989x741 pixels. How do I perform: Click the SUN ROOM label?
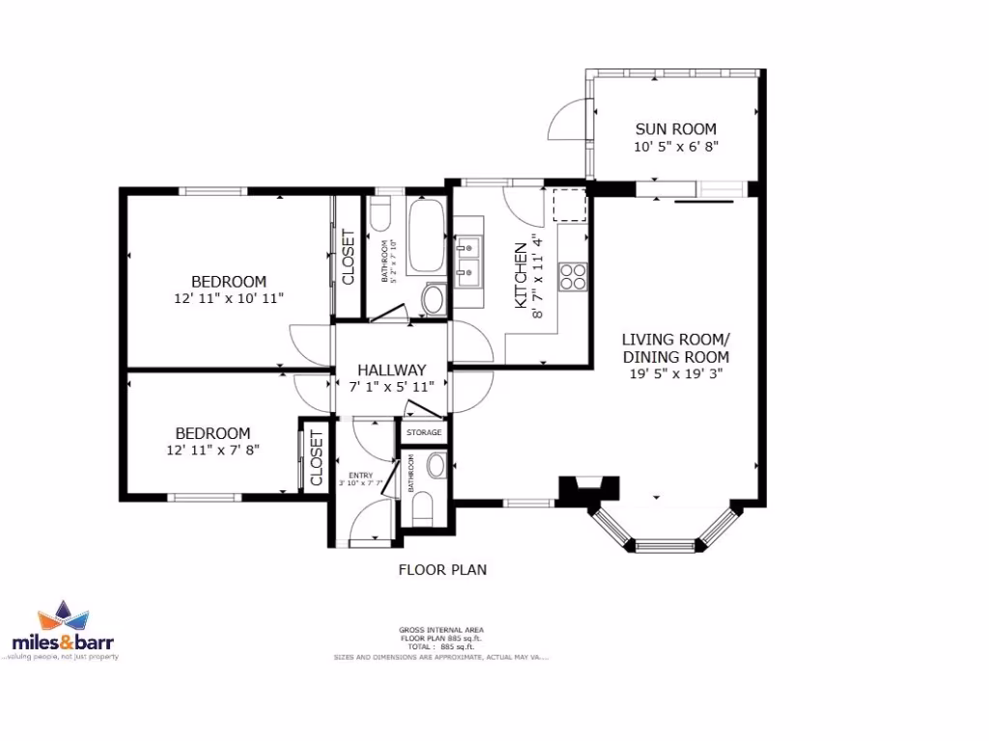[x=675, y=128]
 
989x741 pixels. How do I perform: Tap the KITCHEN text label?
[x=521, y=275]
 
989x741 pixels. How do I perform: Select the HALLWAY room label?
[x=391, y=370]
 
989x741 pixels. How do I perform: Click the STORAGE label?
[x=424, y=432]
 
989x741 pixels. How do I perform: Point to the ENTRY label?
[x=359, y=476]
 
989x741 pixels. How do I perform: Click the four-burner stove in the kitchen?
[x=573, y=276]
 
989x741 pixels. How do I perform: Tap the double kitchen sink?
[x=467, y=262]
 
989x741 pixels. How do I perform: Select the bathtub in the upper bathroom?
[x=425, y=237]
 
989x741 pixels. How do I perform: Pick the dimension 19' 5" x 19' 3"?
[x=675, y=372]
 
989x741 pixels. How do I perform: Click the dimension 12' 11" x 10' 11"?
[x=228, y=298]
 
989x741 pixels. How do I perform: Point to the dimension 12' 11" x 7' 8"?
[x=212, y=450]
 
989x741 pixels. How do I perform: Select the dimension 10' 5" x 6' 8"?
[x=675, y=147]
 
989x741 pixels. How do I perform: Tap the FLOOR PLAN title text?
[x=442, y=569]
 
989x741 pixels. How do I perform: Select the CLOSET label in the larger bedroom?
[x=348, y=257]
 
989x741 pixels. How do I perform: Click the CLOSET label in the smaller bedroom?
[x=316, y=457]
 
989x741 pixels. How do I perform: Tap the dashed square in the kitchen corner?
[x=569, y=206]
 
